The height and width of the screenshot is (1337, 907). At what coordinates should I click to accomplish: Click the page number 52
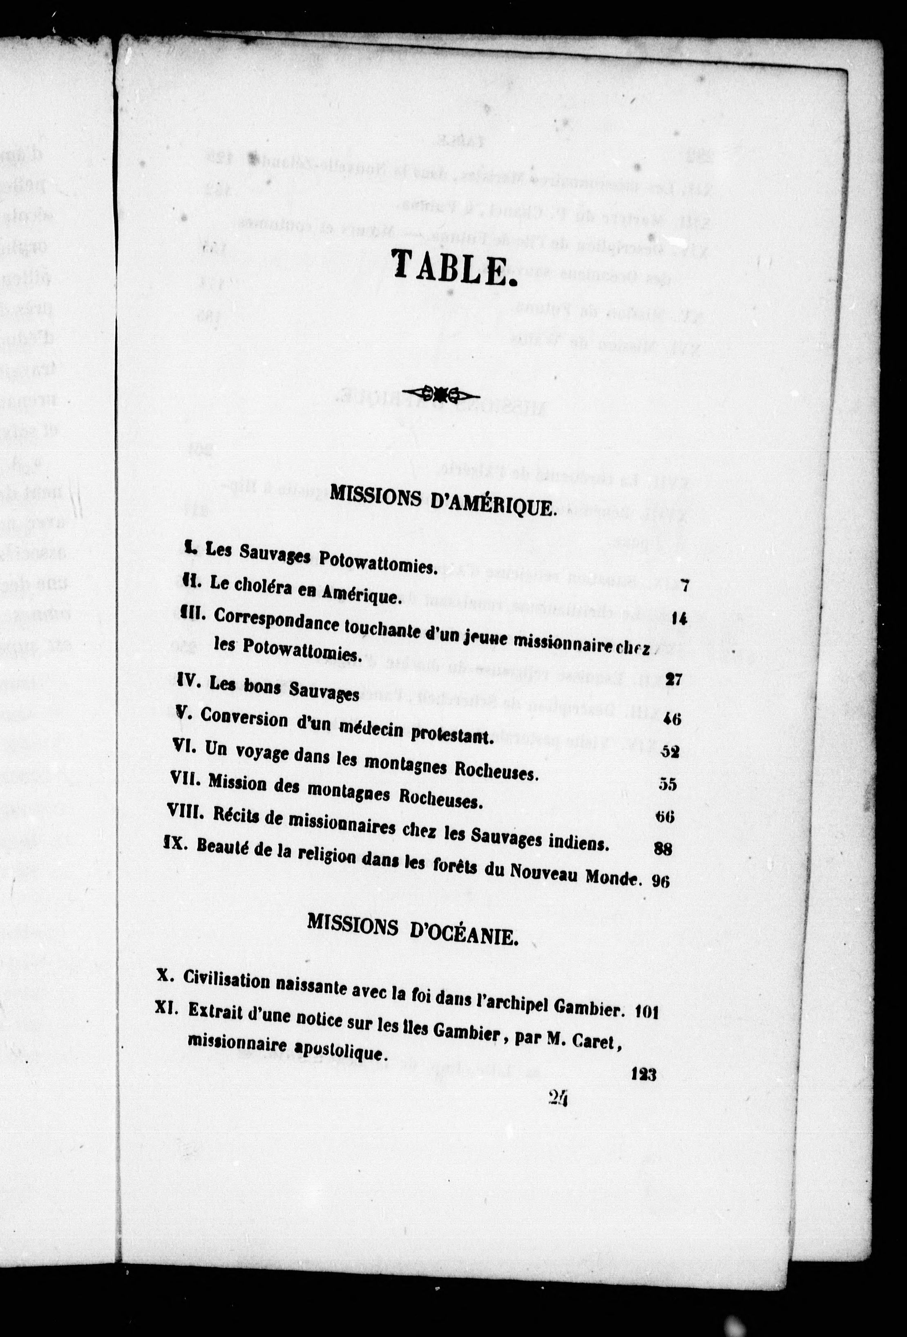click(x=670, y=752)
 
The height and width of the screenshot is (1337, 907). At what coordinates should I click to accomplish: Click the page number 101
click(x=648, y=1013)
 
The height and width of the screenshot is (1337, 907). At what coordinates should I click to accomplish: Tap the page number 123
click(x=643, y=1074)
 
